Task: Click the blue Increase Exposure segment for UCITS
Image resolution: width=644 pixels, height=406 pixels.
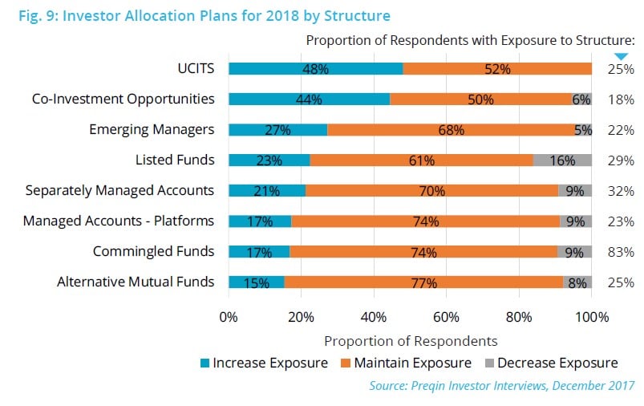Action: click(x=315, y=69)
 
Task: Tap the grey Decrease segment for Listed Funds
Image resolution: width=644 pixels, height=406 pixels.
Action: click(x=562, y=160)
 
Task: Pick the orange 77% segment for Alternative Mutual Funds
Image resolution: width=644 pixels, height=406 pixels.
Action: click(x=423, y=282)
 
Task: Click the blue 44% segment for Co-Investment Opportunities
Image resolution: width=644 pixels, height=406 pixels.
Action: click(x=309, y=99)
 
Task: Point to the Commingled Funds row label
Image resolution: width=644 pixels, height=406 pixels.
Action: click(x=153, y=251)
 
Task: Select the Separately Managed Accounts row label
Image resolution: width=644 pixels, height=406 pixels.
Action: click(x=119, y=190)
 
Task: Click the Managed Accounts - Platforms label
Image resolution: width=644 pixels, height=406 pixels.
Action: click(x=119, y=221)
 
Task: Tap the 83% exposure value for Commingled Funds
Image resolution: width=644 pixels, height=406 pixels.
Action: click(x=621, y=252)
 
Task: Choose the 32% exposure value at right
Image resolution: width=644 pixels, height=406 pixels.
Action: click(x=621, y=191)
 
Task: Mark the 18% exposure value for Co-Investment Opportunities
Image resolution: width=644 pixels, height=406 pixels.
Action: click(x=621, y=99)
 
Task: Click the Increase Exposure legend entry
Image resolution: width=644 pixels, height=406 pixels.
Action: click(x=264, y=363)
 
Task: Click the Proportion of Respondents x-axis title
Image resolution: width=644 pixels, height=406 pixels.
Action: click(x=411, y=340)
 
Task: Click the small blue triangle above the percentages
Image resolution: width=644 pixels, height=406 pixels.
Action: click(x=621, y=55)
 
